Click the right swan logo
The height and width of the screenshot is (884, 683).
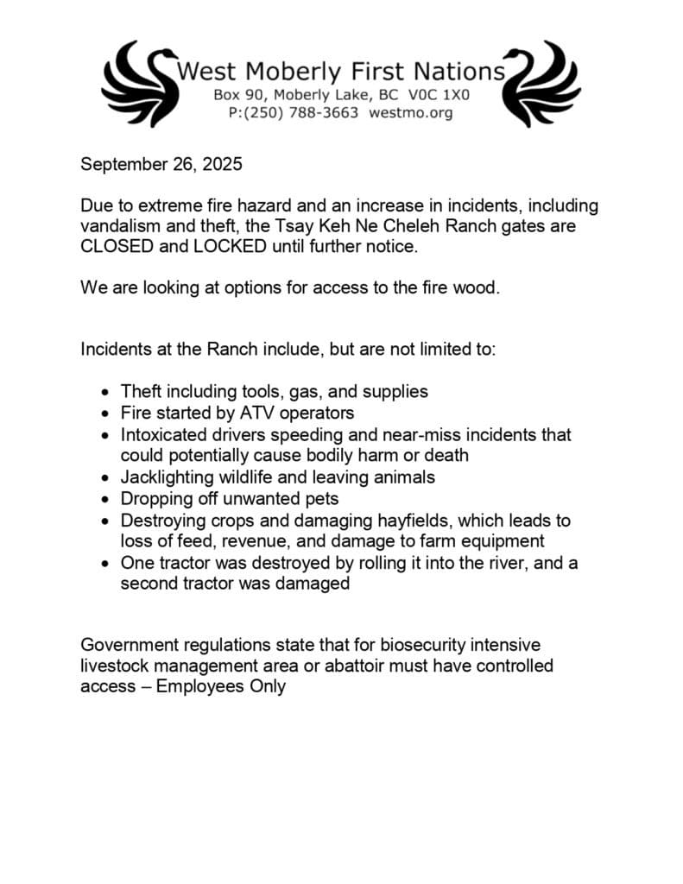[x=541, y=84]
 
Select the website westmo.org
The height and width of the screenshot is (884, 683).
[x=410, y=113]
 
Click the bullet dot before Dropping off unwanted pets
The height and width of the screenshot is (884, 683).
[x=104, y=499]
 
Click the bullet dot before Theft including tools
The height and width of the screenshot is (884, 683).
[x=104, y=391]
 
